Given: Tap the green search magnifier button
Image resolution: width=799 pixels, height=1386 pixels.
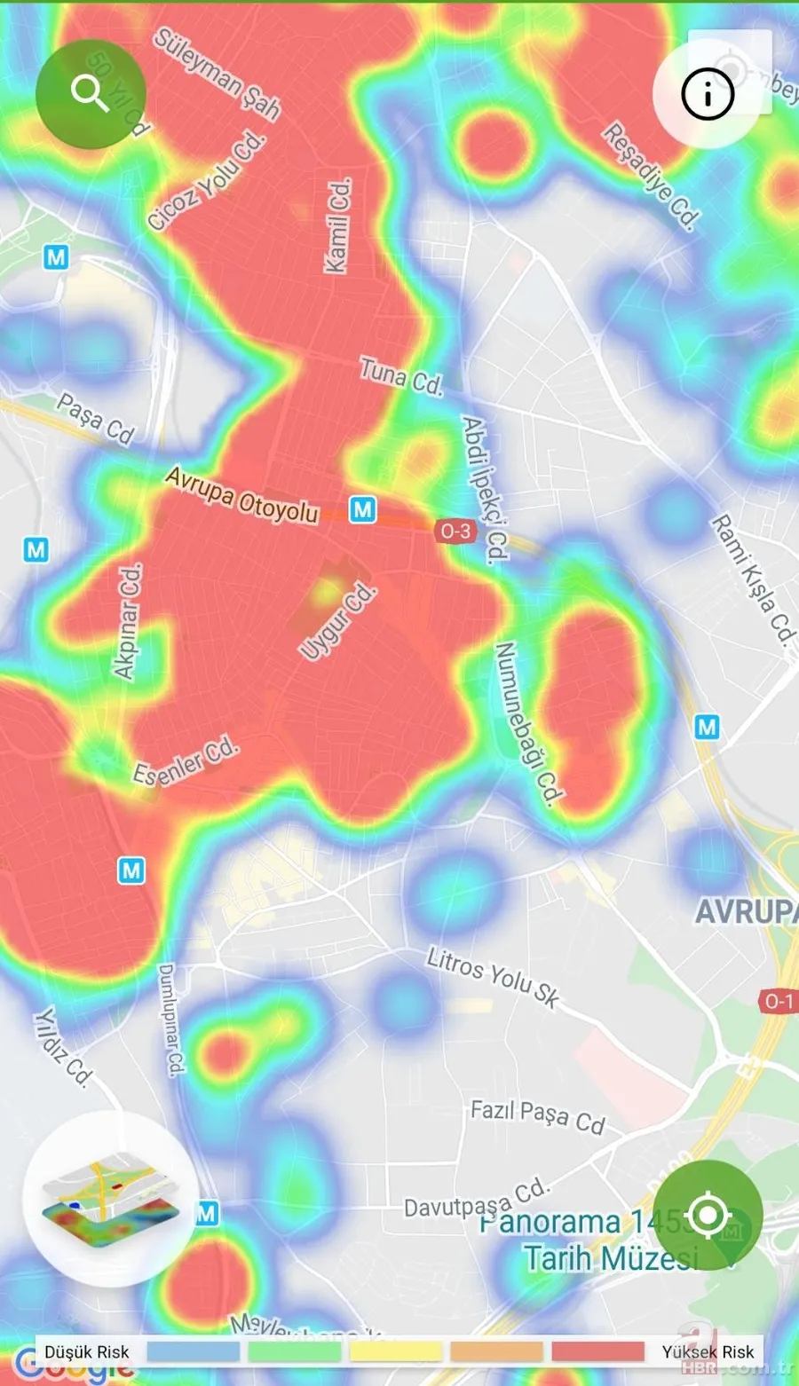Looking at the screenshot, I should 91,93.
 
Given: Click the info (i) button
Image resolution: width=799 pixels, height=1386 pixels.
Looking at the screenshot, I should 708,92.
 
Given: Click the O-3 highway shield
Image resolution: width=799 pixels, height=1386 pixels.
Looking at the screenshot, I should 455,531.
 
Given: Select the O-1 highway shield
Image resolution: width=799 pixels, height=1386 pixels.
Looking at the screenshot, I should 779,1001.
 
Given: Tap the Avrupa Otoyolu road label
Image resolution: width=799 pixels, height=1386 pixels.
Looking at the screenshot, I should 241,495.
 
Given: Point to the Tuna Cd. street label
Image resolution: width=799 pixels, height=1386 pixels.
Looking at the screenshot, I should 400,376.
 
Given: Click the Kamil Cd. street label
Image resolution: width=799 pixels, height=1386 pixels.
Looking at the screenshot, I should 338,225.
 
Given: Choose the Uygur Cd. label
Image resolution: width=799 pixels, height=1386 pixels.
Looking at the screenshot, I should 337,621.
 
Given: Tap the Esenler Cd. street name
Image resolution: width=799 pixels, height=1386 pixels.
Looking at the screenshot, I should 186,761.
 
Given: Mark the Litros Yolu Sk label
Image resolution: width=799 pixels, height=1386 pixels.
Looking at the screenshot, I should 493,976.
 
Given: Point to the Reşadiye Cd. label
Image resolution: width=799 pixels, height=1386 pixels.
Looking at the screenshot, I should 652,175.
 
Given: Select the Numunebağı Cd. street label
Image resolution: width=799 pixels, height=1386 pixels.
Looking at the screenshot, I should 527,723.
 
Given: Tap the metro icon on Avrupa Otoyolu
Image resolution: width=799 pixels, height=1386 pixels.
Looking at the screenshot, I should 362,509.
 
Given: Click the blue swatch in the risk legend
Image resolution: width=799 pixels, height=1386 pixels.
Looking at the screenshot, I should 193,1351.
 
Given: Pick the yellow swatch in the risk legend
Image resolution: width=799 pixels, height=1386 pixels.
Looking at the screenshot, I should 396,1351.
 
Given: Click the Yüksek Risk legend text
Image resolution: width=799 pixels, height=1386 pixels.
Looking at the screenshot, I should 708,1351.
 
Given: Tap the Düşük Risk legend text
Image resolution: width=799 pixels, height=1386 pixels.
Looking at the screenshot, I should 87,1351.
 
